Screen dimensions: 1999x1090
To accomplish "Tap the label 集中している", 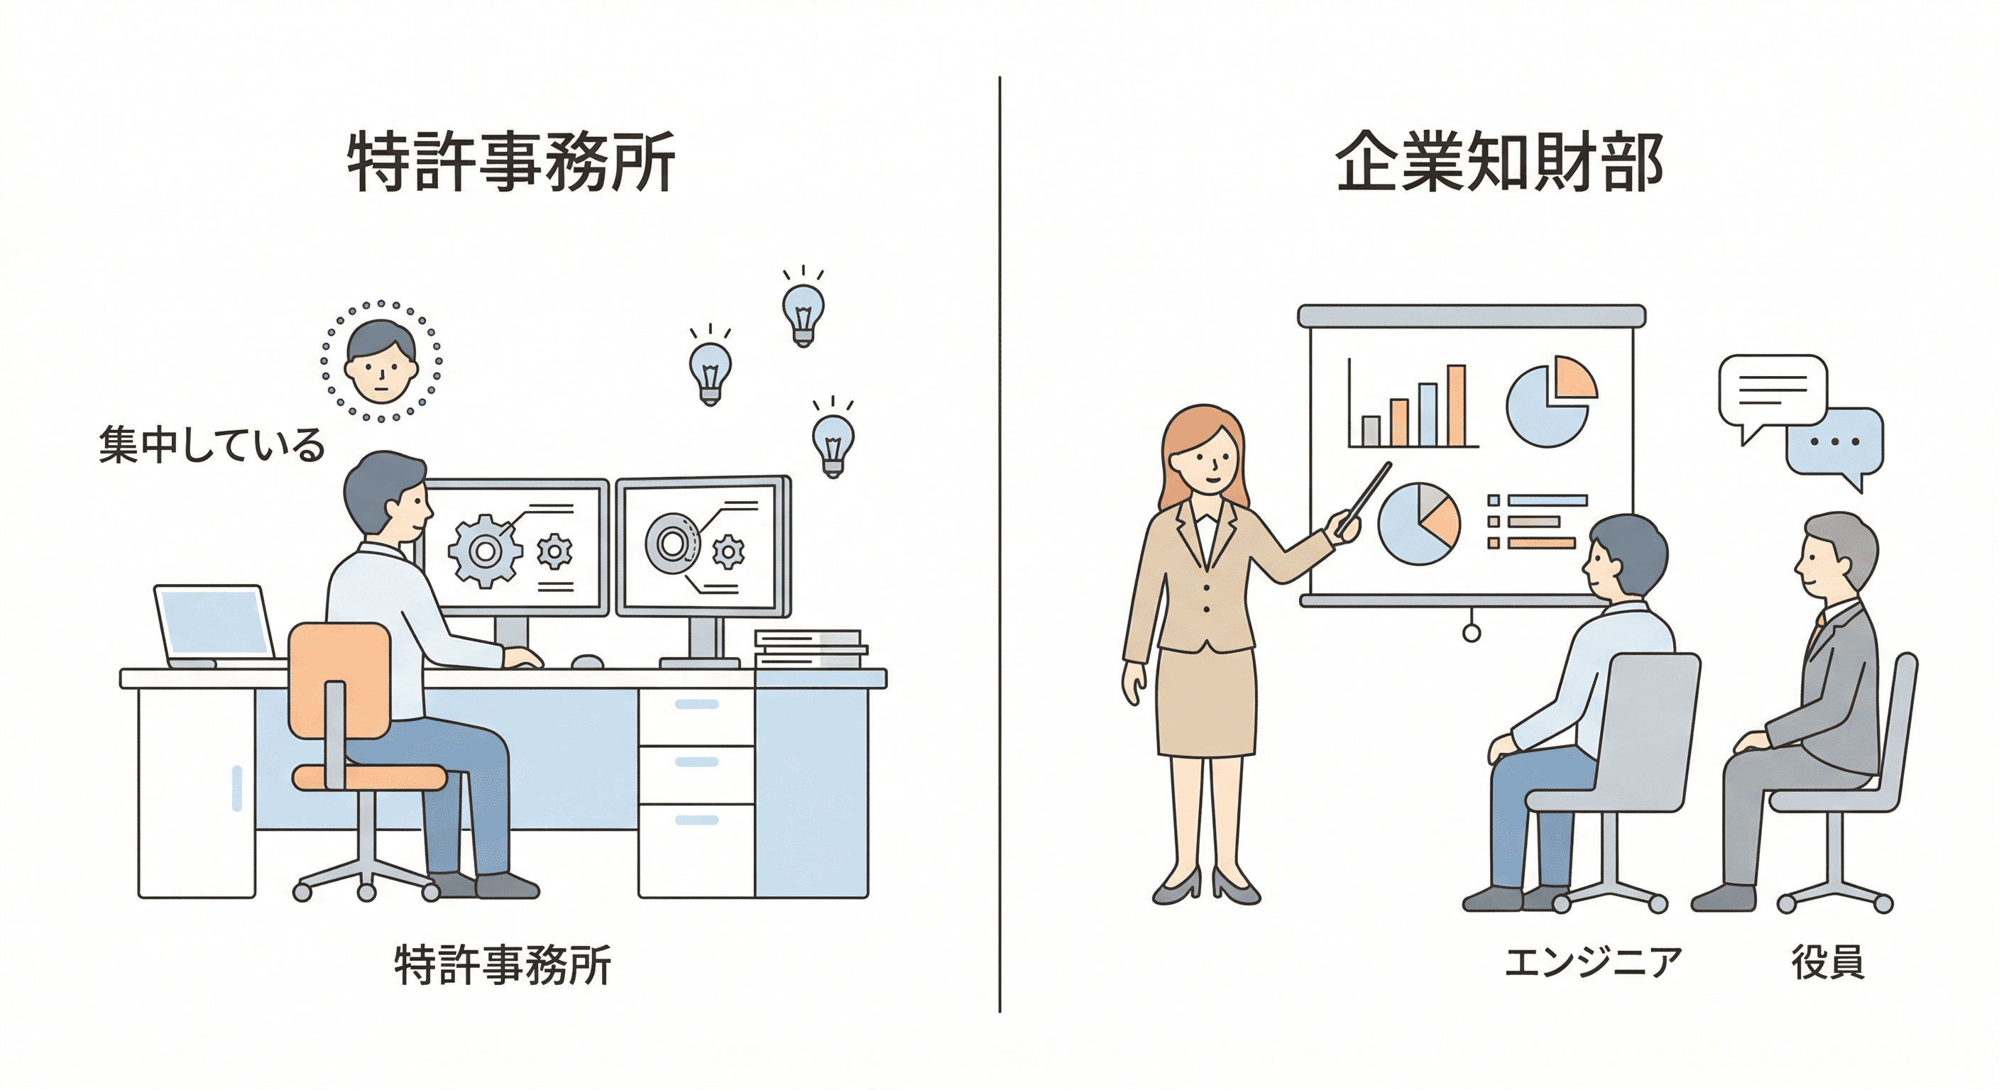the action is [211, 446].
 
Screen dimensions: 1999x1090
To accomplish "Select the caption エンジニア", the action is [1592, 962].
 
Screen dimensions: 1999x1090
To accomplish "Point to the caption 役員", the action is [1827, 962].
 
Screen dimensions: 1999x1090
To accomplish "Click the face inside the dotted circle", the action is [380, 360].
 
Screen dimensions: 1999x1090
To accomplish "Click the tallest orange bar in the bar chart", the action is [1457, 406].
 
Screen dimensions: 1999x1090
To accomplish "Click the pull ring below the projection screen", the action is [1471, 633].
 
